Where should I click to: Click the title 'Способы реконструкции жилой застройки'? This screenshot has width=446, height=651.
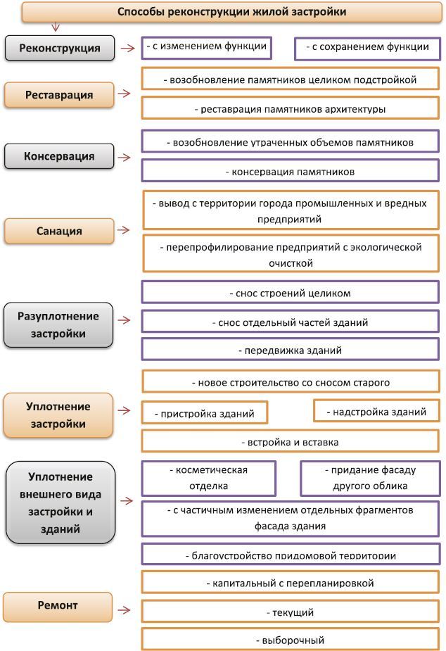click(x=231, y=12)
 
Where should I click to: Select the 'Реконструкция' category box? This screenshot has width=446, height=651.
click(x=59, y=49)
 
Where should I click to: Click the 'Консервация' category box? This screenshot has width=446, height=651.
click(x=59, y=156)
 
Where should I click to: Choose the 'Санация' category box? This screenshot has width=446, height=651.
click(x=59, y=231)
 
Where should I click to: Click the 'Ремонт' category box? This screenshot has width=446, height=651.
click(x=58, y=606)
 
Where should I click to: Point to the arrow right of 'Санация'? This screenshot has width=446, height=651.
click(x=124, y=230)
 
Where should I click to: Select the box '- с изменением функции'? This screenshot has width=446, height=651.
click(x=206, y=48)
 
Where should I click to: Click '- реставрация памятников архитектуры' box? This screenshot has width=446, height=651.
click(x=290, y=109)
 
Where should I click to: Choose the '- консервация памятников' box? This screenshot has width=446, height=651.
click(x=290, y=172)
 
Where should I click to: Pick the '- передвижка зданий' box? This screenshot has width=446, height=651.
click(x=290, y=350)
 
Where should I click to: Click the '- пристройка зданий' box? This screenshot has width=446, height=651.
click(x=205, y=413)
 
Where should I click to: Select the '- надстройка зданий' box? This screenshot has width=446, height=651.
click(x=376, y=411)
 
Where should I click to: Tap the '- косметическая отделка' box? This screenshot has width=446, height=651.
click(x=209, y=478)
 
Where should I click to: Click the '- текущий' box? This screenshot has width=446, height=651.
click(x=290, y=612)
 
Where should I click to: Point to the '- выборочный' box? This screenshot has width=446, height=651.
click(x=290, y=640)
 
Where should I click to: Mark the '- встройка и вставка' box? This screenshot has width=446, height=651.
click(x=290, y=442)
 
